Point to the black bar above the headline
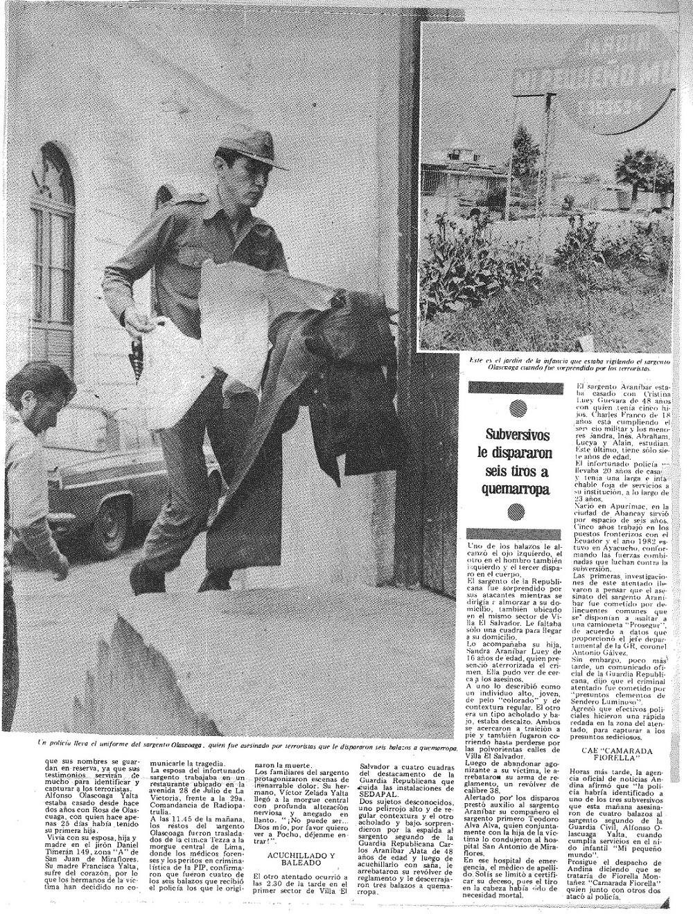click(x=514, y=390)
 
